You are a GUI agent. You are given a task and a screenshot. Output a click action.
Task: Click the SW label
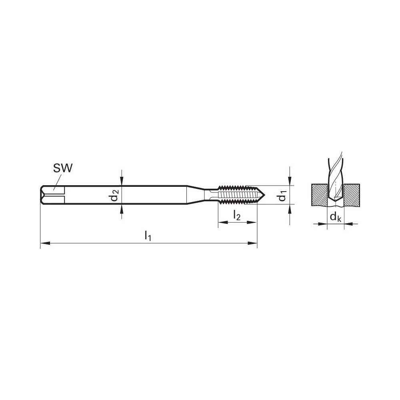pos(62,168)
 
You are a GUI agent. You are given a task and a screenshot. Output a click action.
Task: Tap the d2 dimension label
pos(115,196)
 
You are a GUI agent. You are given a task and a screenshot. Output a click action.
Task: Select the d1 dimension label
pos(282,196)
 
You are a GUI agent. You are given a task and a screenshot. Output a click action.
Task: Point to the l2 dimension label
pos(236,216)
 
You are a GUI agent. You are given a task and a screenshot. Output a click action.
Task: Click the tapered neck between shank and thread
pos(197,195)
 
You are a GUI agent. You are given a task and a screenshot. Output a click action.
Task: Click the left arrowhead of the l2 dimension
pos(221,223)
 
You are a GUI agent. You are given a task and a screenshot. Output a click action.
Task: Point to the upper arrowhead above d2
pos(122,182)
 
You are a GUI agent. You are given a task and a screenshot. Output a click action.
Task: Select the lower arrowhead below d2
pos(122,208)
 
